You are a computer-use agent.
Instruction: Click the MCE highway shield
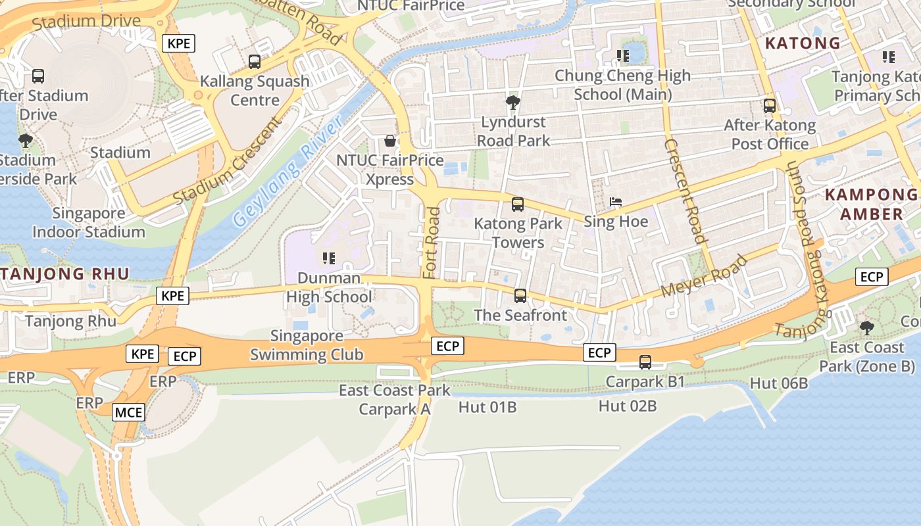(x=128, y=413)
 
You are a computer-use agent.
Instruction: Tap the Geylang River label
(x=288, y=172)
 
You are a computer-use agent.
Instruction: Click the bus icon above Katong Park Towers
(x=518, y=204)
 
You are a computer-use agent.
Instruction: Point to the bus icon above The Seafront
(x=520, y=296)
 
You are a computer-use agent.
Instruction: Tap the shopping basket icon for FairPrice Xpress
(x=390, y=141)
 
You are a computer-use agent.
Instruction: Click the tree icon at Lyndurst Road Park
(x=513, y=102)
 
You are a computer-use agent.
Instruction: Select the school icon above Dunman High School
(x=329, y=258)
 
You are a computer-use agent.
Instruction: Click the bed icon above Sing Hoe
(x=616, y=202)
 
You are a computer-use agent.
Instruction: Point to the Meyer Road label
(x=705, y=276)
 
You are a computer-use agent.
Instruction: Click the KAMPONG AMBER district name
(x=871, y=204)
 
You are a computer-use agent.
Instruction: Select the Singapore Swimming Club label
(x=307, y=346)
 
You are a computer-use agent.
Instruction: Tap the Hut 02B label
(x=628, y=406)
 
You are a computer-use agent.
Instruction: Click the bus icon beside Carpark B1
(x=645, y=362)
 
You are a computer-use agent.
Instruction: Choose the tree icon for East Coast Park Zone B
(x=867, y=327)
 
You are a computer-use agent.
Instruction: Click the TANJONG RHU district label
(x=64, y=274)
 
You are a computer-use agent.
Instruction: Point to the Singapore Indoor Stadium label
(x=89, y=222)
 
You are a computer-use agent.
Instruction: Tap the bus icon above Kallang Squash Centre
(x=255, y=62)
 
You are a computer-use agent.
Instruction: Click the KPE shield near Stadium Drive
(x=179, y=43)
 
